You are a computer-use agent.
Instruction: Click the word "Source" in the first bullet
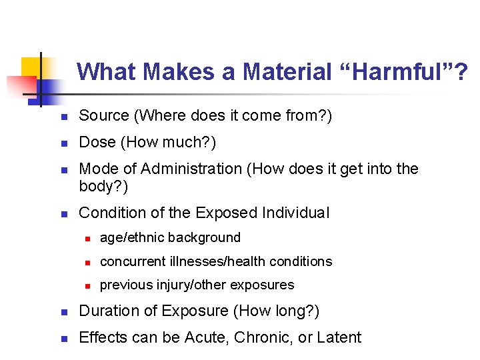(104, 116)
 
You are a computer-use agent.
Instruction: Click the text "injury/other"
(185, 285)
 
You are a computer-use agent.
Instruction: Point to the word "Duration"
(108, 311)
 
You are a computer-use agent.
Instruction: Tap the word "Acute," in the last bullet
(208, 338)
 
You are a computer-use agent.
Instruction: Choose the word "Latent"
(339, 338)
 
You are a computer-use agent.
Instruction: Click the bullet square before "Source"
(64, 117)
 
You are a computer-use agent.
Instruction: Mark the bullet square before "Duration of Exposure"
(64, 312)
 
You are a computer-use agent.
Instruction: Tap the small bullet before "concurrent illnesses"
(87, 262)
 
